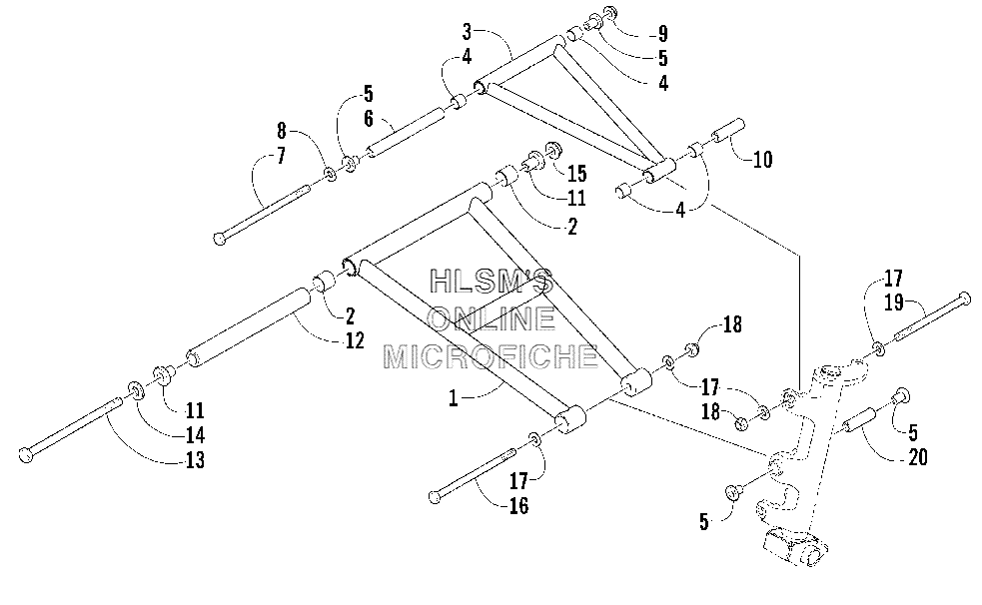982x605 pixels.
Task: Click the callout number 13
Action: point(196,460)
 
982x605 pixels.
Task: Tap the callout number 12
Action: point(355,340)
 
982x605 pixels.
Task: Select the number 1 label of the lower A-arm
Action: point(454,398)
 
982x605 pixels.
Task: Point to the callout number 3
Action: point(467,31)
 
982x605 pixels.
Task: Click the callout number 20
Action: point(917,457)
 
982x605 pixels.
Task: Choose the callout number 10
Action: point(762,160)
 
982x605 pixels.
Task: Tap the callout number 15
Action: point(576,174)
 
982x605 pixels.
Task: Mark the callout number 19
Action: point(894,302)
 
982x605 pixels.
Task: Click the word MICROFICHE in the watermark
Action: point(490,356)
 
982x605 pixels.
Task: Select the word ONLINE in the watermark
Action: point(491,319)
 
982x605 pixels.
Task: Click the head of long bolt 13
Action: point(26,455)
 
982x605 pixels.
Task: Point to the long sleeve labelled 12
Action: point(249,327)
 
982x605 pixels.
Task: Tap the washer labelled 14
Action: point(136,390)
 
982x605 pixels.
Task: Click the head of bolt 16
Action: point(436,497)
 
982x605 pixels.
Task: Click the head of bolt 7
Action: point(220,239)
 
